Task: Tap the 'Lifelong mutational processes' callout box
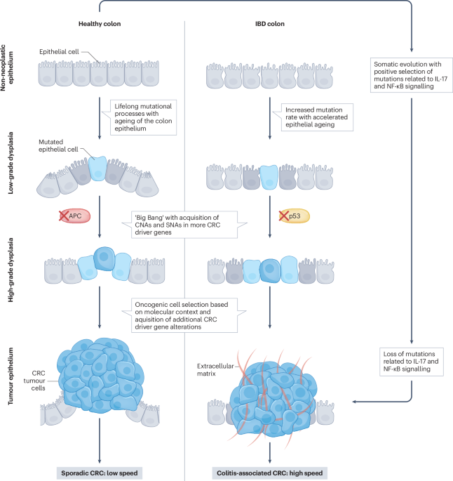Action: [143, 115]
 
